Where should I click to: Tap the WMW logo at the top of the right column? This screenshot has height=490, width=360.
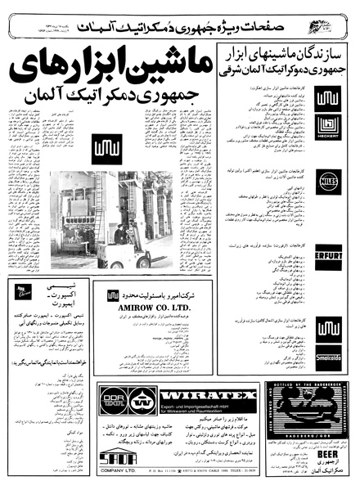click(x=327, y=99)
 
